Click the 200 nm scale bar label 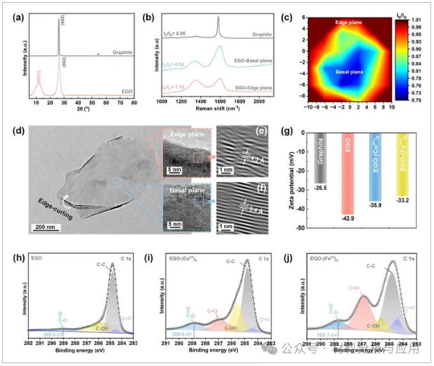(44, 227)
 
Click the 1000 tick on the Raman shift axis (162, 103)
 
